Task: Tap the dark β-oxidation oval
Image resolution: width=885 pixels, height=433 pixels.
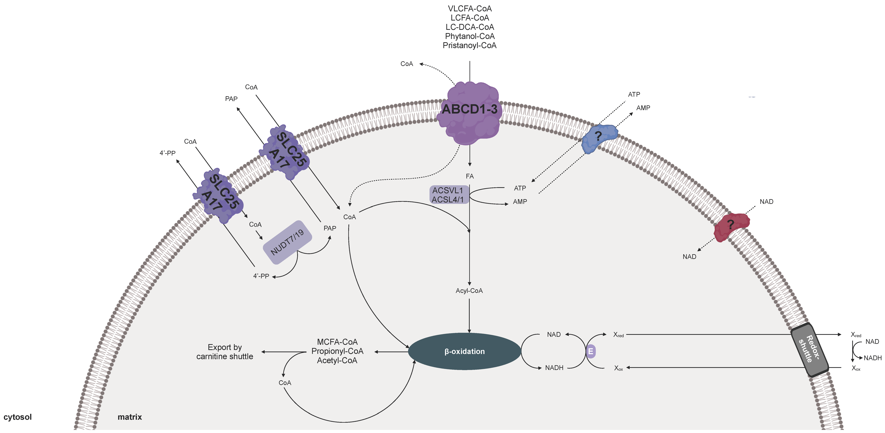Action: (x=465, y=351)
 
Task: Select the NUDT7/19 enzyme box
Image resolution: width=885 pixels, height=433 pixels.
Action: (x=287, y=242)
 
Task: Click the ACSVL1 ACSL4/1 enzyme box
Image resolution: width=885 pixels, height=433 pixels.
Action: (x=448, y=195)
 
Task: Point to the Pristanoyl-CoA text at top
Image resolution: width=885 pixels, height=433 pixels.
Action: (x=469, y=45)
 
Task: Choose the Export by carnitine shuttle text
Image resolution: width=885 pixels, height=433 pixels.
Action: (x=225, y=352)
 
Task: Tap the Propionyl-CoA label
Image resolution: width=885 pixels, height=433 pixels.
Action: (x=337, y=351)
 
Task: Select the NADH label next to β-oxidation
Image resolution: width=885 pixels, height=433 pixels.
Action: (x=554, y=368)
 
